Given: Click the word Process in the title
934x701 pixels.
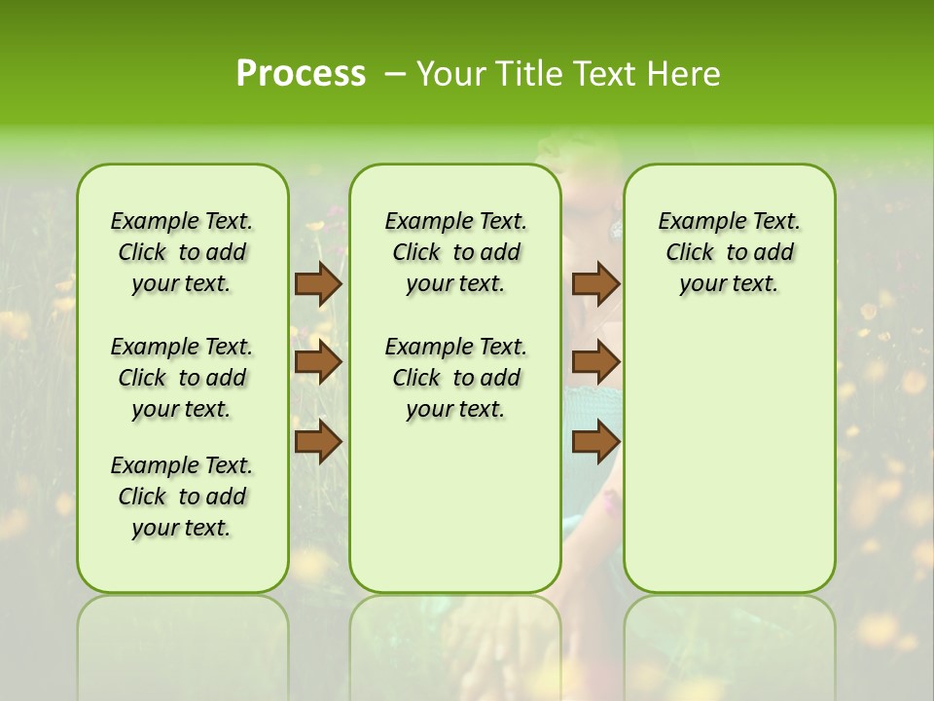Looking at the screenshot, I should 301,74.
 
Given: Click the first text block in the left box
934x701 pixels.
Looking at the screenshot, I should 182,252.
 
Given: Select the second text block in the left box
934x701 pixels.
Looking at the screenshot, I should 182,378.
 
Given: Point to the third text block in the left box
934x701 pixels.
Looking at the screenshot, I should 182,497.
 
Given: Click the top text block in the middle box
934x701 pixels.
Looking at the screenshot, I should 455,252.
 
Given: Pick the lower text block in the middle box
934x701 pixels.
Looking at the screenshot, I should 455,378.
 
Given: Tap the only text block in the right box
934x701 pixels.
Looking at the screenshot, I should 729,252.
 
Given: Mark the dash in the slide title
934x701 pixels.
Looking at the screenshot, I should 394,74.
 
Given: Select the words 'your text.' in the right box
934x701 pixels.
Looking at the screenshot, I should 729,284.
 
